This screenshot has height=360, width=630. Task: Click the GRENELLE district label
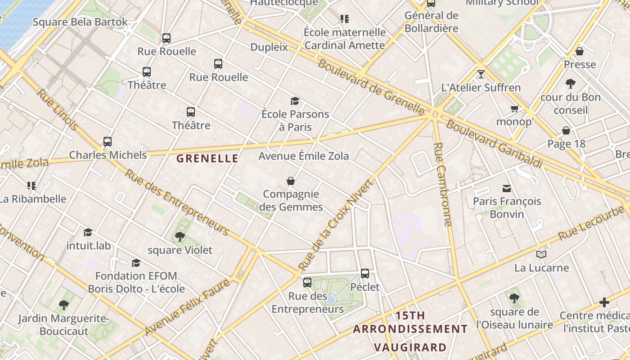pos(207,158)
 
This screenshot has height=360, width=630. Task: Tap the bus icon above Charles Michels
pos(107,142)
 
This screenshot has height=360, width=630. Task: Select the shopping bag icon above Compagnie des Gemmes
pos(291,181)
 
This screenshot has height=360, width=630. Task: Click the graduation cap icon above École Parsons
pos(295,101)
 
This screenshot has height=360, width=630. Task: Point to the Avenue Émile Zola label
pos(303,156)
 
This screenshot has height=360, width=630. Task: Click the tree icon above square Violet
pos(180,236)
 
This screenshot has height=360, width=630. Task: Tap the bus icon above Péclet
pos(365,273)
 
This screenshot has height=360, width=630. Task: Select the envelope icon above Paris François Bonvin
pos(507,188)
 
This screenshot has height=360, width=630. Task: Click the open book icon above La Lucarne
pos(541,255)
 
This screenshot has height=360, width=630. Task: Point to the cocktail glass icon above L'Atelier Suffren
pos(481,74)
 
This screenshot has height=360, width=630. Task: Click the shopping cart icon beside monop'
pos(514,108)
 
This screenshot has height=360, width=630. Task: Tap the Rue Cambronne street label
pos(443,184)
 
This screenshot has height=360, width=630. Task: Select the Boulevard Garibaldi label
pos(494,144)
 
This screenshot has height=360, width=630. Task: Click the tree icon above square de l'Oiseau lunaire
pos(514,298)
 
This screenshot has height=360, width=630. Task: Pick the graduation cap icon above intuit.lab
pos(88,232)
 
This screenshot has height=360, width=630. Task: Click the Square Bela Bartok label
pos(80,22)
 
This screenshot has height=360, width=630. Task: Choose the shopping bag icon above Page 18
pos(566,130)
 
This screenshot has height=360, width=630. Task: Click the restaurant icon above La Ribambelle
pos(31,185)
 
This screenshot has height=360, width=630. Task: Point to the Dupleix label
pos(269,47)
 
